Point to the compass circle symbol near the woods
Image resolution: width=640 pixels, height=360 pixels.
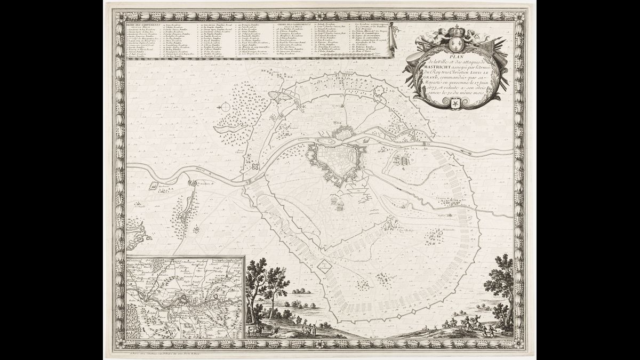(225, 107)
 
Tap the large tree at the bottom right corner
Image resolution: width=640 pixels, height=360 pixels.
(500, 283)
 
